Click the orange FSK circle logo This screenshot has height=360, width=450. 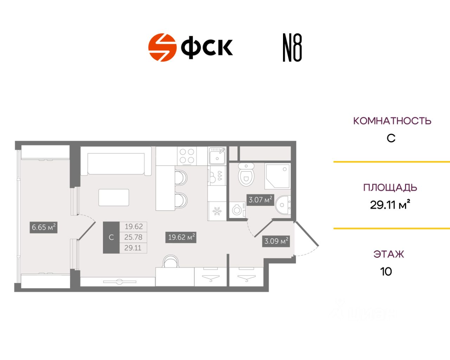(162, 47)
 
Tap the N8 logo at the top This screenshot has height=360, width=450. (292, 48)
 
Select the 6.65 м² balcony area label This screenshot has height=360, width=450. (44, 227)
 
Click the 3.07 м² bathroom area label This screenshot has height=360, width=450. (260, 200)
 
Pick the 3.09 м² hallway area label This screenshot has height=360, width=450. (276, 241)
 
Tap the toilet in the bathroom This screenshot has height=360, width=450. (246, 175)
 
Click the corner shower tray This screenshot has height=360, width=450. (277, 176)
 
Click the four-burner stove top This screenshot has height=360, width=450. (187, 156)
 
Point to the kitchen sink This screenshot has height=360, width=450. (217, 156)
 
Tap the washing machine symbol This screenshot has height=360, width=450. (238, 210)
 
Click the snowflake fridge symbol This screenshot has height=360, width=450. (217, 211)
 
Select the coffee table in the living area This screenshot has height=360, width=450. (114, 197)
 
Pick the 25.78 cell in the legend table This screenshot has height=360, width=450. (133, 237)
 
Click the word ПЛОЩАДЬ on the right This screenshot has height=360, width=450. (390, 187)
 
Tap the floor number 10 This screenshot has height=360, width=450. (386, 271)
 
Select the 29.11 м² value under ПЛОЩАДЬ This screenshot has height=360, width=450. (390, 205)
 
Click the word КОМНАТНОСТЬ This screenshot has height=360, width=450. (392, 121)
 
